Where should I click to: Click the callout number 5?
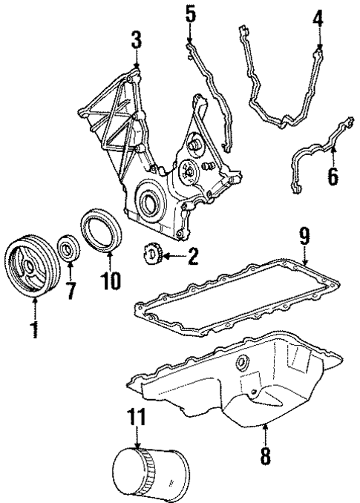(x=191, y=14)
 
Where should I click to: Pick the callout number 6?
(x=332, y=175)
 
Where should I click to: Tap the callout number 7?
(x=71, y=290)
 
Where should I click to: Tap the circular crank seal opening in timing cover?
(x=148, y=201)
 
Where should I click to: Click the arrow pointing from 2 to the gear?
(x=170, y=257)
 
